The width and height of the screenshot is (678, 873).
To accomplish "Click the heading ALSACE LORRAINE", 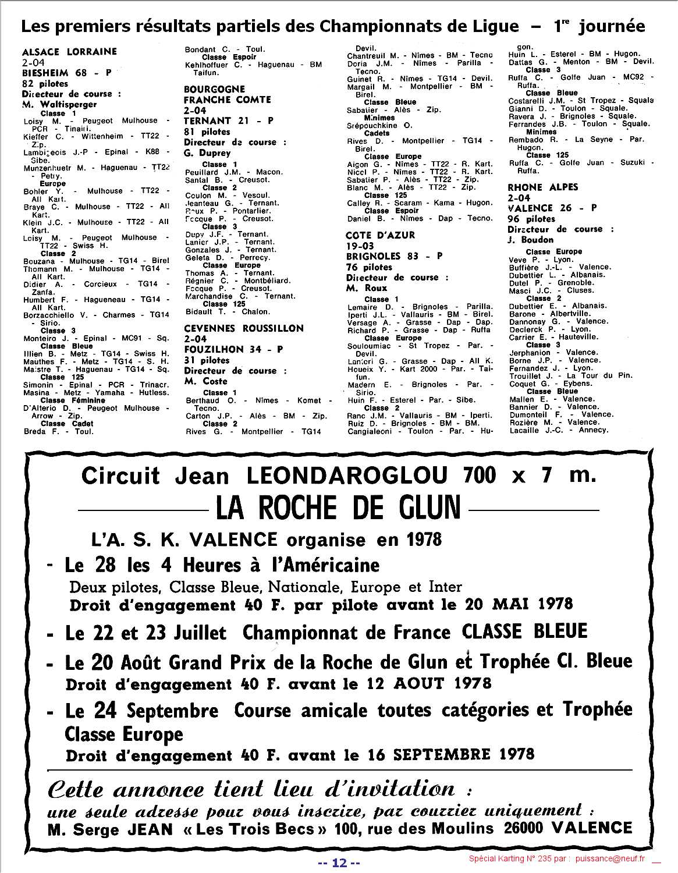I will (69, 52).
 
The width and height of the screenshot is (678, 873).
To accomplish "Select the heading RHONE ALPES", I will (542, 187).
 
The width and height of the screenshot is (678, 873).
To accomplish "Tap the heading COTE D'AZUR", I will (380, 235).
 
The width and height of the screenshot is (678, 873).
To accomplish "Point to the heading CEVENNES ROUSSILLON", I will (244, 328).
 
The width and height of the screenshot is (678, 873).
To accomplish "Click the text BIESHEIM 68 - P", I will (66, 73).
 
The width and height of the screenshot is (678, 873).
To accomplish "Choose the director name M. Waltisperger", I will (59, 105).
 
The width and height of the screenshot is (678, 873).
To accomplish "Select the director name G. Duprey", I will (207, 153).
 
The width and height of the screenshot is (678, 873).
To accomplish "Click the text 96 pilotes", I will (531, 219).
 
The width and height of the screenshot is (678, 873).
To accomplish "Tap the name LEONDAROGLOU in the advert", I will (347, 476).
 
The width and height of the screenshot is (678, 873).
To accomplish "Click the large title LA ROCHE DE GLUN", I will (338, 508).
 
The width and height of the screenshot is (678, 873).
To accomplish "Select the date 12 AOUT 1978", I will (437, 683).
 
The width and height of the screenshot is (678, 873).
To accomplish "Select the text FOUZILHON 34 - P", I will (233, 349).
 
